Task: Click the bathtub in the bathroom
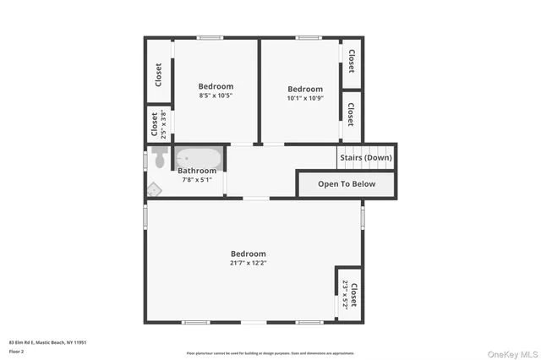(199, 158)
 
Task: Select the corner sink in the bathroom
(154, 189)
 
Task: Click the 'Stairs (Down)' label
(365, 157)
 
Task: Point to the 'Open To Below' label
(346, 183)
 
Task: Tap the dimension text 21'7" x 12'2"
(249, 263)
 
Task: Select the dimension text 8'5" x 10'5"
(216, 95)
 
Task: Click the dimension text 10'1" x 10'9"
(305, 99)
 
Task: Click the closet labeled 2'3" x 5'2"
(349, 294)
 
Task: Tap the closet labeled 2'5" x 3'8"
(158, 125)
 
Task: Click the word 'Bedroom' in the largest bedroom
(249, 254)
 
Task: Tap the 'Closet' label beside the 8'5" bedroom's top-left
(158, 74)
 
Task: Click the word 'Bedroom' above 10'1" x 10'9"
(305, 90)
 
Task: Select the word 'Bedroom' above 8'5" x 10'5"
(216, 86)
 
